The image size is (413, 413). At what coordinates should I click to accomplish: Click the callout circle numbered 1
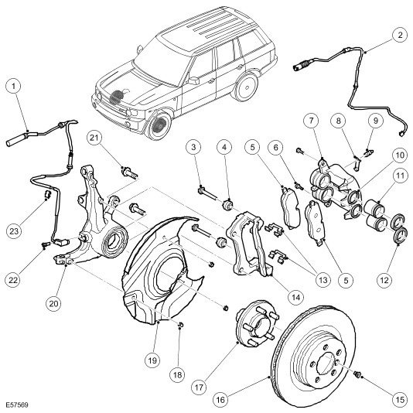tap(13, 86)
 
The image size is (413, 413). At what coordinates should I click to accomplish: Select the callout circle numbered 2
tap(400, 35)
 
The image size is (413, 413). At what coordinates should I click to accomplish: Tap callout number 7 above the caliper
tap(312, 121)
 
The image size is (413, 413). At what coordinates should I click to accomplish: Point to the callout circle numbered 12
tap(384, 279)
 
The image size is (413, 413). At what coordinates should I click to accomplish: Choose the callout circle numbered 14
tap(296, 298)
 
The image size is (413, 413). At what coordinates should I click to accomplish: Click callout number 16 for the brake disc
tap(220, 400)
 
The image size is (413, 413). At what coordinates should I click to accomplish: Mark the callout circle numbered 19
tap(153, 360)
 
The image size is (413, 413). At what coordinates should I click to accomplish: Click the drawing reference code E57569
tap(17, 404)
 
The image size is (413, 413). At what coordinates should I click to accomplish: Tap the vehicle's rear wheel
tap(246, 86)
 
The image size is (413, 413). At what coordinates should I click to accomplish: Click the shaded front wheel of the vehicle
tap(158, 126)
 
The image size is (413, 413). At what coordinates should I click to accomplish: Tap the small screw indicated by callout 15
tap(357, 374)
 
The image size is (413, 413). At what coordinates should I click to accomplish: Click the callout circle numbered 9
tap(375, 121)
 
